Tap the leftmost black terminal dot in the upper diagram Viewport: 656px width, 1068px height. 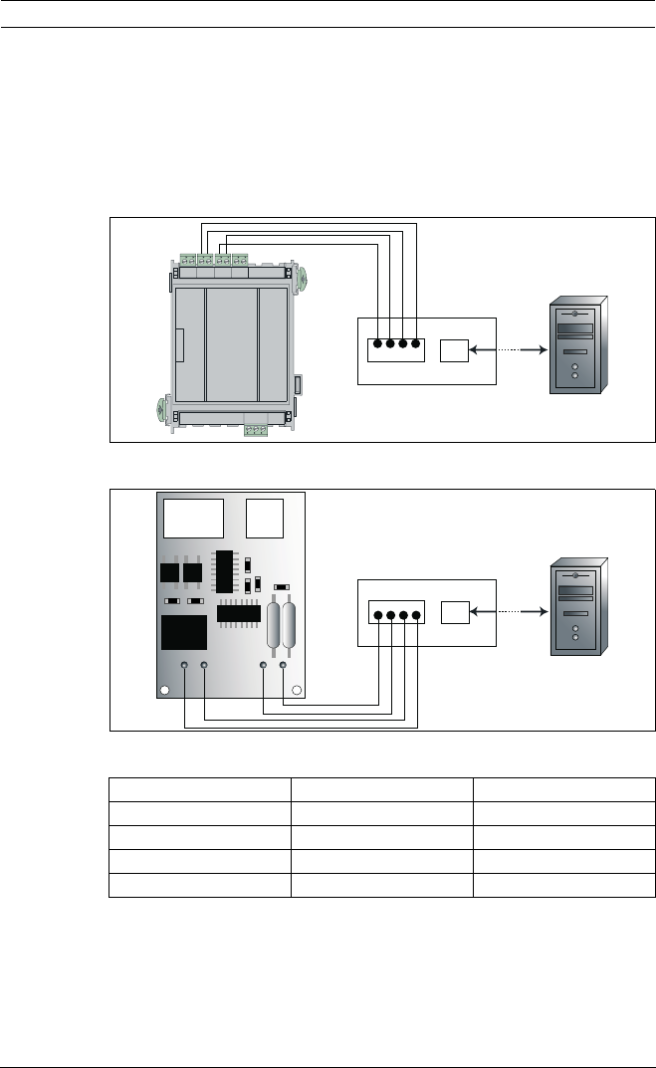[377, 346]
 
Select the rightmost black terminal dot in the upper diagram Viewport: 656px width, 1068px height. [415, 346]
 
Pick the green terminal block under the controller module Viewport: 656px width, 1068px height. [256, 430]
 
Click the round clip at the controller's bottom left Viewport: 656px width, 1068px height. [162, 408]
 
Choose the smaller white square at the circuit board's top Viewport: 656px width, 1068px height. [265, 518]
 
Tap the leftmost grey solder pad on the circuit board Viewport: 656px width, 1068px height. [184, 665]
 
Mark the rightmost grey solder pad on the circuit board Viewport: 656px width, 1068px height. [284, 665]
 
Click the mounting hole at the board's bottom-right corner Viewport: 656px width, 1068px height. [296, 688]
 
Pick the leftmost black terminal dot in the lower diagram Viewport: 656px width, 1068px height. [377, 613]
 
